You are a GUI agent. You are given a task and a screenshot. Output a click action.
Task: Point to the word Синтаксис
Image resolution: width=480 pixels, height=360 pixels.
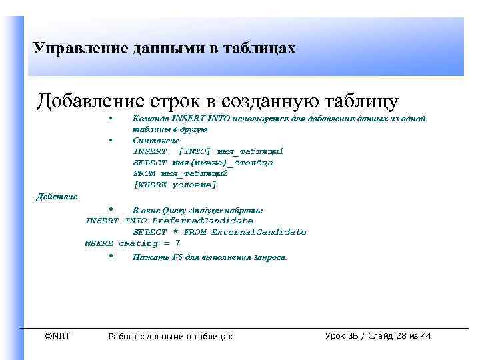(155, 141)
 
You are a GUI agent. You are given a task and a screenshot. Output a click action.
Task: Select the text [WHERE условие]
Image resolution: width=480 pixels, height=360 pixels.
(175, 184)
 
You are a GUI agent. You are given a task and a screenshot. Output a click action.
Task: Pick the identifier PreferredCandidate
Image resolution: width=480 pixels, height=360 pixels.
(203, 221)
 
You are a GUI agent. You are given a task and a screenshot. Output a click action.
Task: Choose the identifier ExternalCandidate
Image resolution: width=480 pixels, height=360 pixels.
(259, 232)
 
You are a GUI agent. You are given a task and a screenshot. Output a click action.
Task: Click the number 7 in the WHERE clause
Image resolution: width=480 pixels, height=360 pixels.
(177, 243)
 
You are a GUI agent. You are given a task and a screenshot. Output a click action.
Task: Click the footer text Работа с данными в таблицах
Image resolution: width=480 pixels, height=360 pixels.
(171, 337)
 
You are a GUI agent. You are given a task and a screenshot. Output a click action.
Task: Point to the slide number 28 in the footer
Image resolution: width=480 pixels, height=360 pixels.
(399, 335)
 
